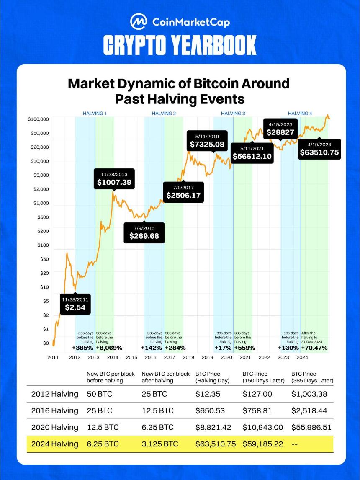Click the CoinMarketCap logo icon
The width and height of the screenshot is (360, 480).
[139, 22]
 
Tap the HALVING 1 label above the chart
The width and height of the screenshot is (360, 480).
[95, 113]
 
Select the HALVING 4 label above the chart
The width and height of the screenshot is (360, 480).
[300, 113]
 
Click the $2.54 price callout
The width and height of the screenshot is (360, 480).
[75, 304]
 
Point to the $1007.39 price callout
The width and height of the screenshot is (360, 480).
[114, 179]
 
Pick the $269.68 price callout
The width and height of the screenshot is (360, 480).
[144, 232]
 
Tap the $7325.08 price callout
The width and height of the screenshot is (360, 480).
[207, 141]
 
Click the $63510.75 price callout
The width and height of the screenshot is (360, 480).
[319, 149]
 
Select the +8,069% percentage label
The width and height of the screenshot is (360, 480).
[109, 348]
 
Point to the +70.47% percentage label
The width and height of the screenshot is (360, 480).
[314, 348]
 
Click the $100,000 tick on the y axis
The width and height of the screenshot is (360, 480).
[38, 119]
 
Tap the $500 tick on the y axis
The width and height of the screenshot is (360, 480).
[43, 217]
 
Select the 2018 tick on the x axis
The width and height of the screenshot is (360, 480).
[188, 357]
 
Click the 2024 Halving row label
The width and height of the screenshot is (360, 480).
[55, 444]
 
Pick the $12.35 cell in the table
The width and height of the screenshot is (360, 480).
[208, 394]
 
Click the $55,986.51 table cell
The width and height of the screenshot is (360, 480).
[311, 427]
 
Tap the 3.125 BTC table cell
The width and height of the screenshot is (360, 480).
[159, 444]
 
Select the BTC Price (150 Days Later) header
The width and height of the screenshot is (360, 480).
[264, 377]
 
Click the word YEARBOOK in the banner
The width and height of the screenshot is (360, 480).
[213, 45]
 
